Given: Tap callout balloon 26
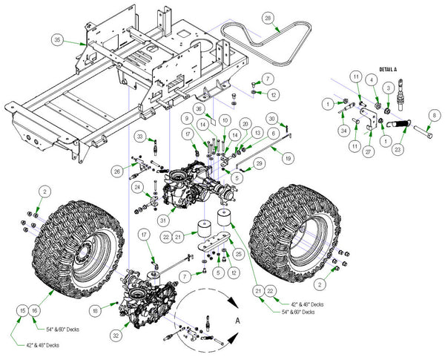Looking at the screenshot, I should point(116,171).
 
